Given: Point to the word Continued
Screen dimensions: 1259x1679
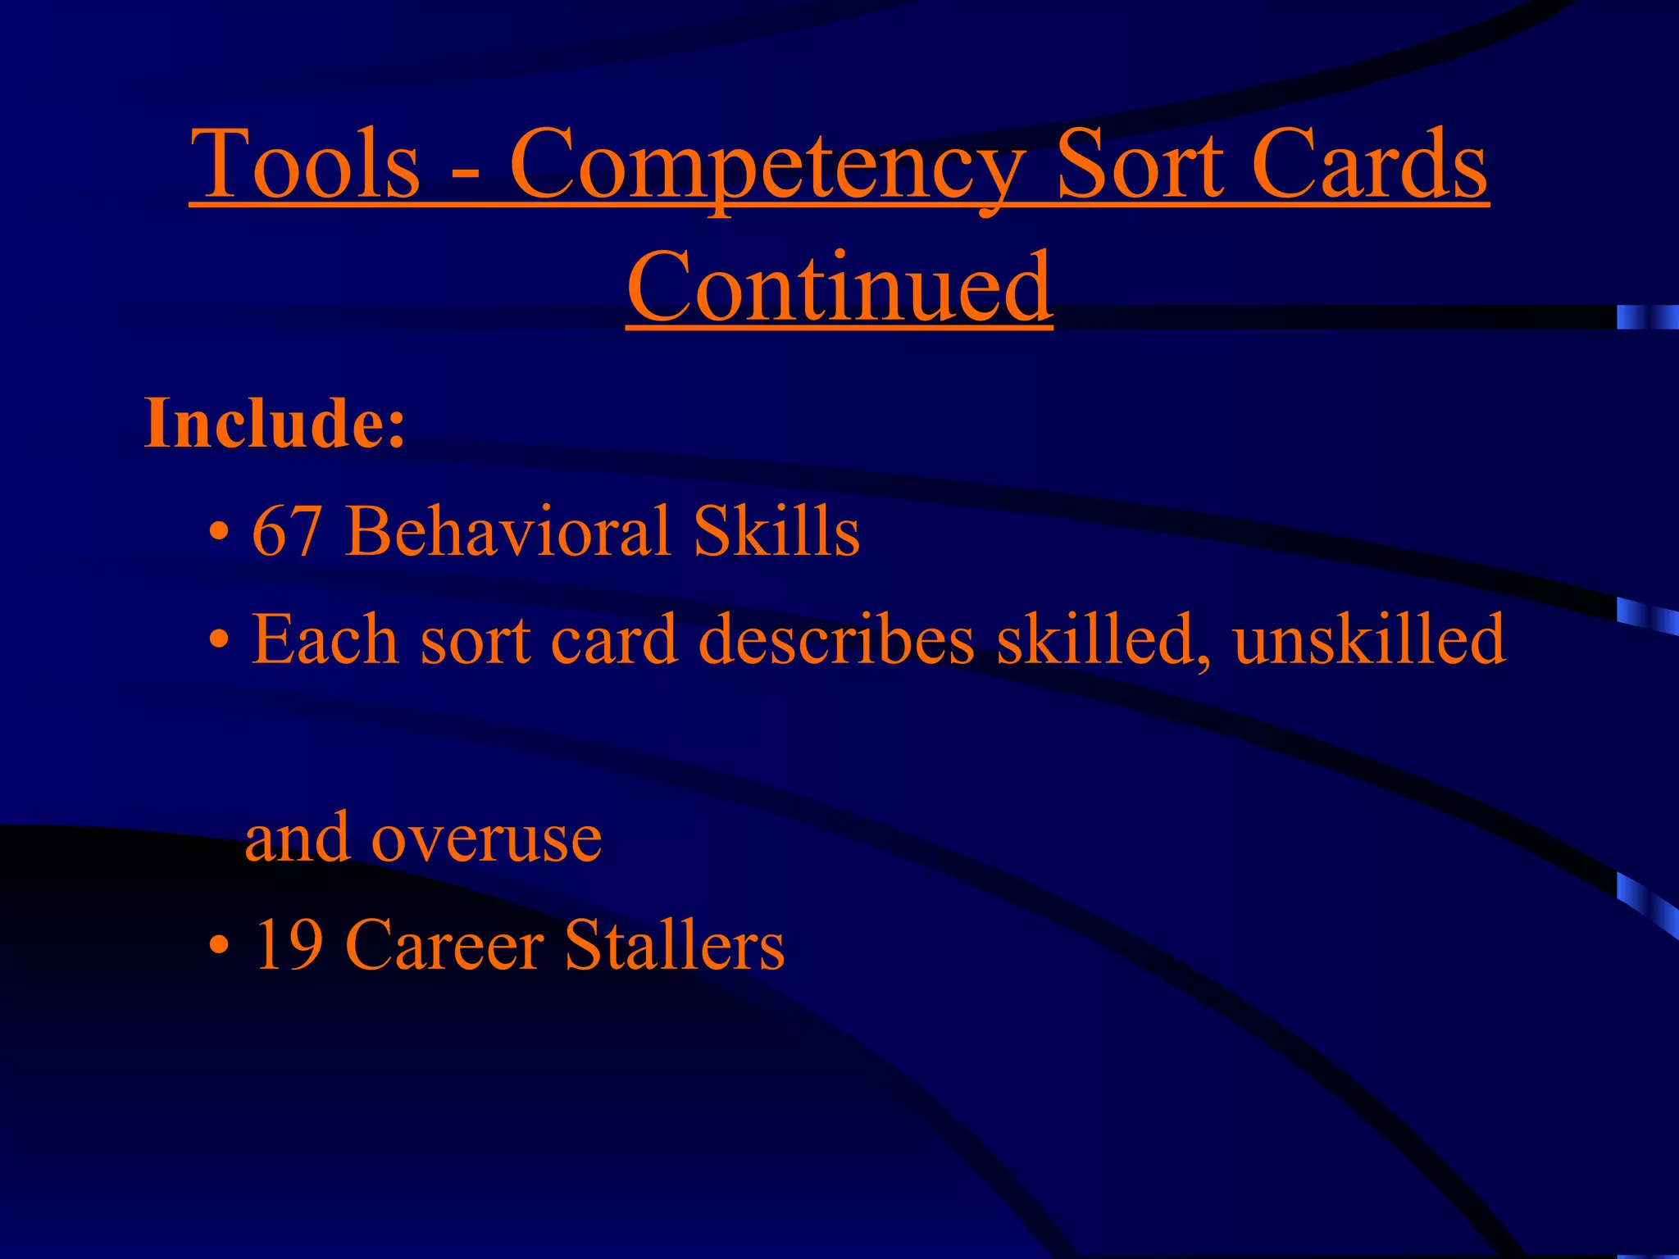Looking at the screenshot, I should [x=839, y=287].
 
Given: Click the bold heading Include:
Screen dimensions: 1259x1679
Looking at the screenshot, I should [x=275, y=424].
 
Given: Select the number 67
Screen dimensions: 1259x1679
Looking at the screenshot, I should [x=286, y=532].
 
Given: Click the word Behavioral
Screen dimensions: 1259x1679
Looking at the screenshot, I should [x=508, y=532].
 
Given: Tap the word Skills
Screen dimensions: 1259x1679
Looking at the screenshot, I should [x=776, y=532].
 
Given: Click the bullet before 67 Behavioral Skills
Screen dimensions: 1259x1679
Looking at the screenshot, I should [x=217, y=534].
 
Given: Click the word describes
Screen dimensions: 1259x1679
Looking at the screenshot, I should [x=836, y=639].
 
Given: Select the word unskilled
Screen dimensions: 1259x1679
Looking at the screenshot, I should [x=1369, y=639].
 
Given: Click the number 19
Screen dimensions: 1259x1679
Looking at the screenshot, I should [x=286, y=946].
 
